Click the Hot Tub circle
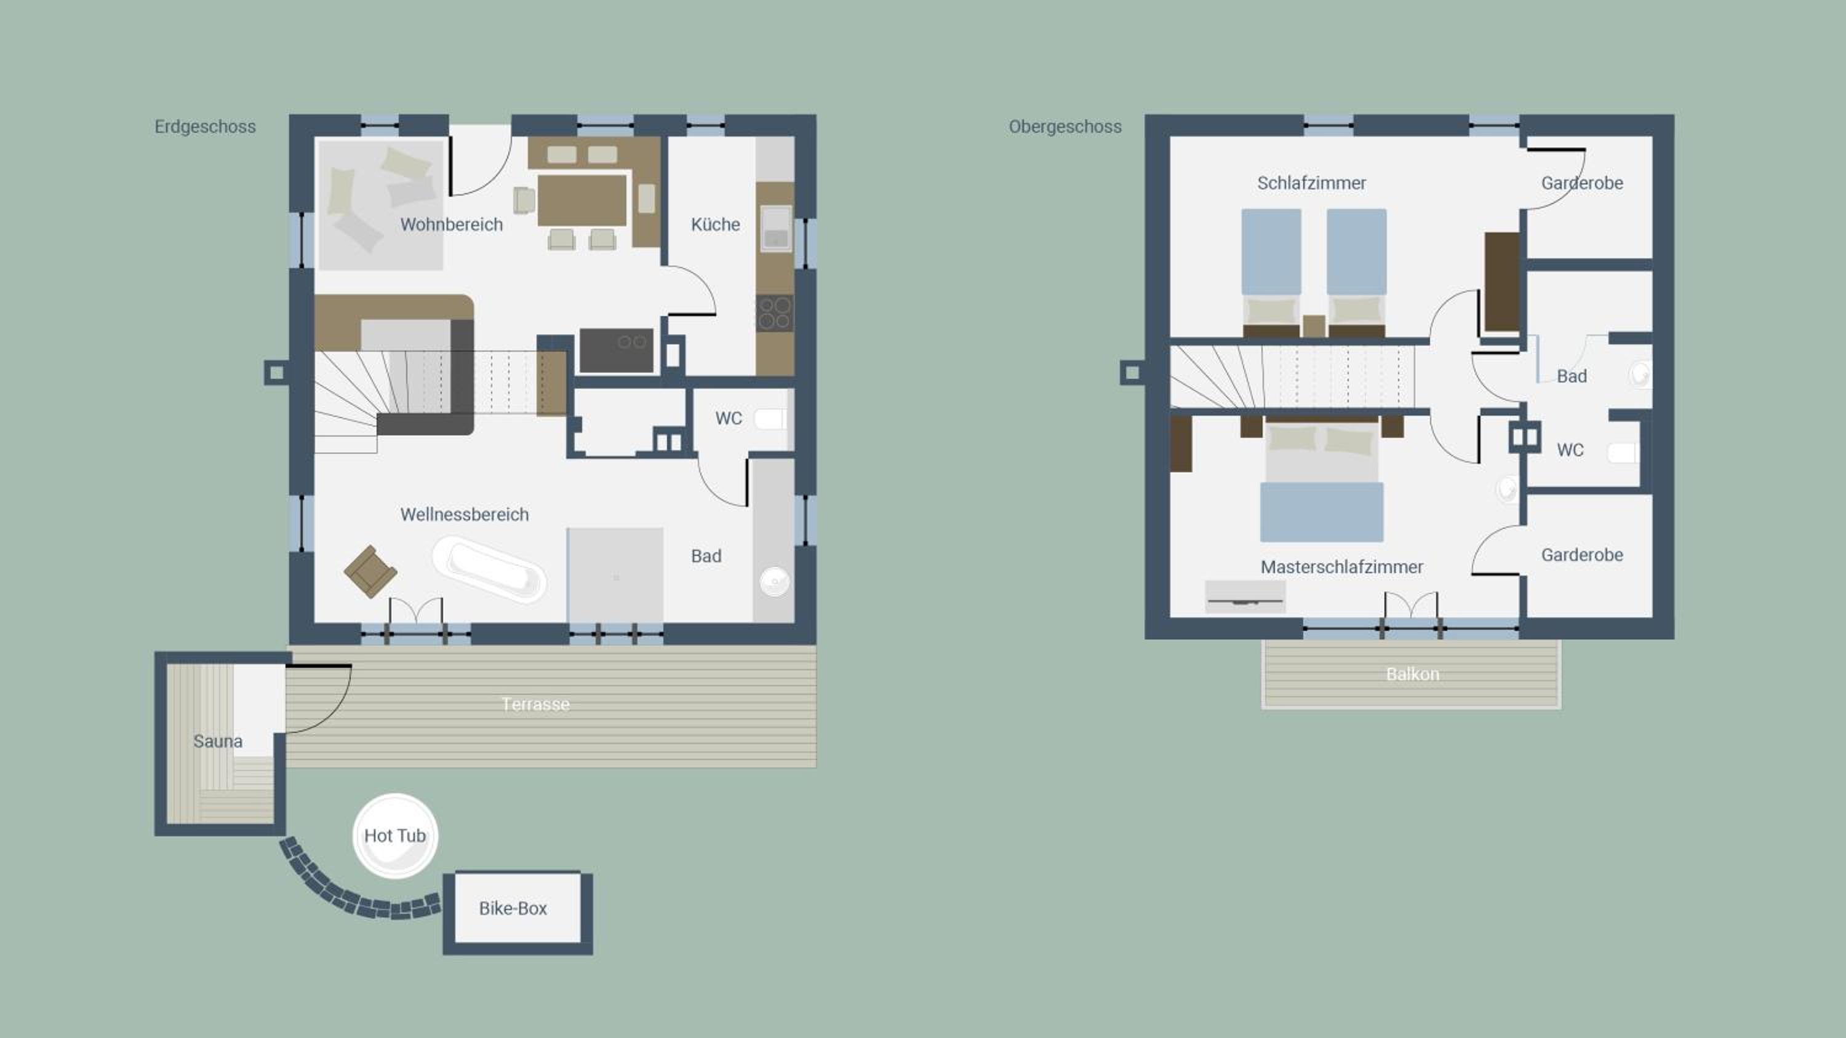pos(395,835)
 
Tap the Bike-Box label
pos(513,908)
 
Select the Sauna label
pos(218,741)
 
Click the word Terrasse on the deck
pos(535,704)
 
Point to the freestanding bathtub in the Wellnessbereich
pos(489,568)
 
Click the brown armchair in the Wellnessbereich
pos(370,571)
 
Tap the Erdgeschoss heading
pos(205,127)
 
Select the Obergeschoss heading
pos(1065,127)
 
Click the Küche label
pos(715,224)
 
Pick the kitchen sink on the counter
pos(775,228)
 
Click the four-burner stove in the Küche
pos(775,313)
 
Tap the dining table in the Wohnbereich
pos(582,200)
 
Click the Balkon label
pos(1412,674)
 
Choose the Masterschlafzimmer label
pos(1341,566)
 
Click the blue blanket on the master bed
pos(1322,512)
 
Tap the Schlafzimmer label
pos(1311,183)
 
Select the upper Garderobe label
pos(1582,183)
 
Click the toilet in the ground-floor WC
pos(770,418)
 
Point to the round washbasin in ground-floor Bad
pos(774,581)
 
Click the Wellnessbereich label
pos(465,514)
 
